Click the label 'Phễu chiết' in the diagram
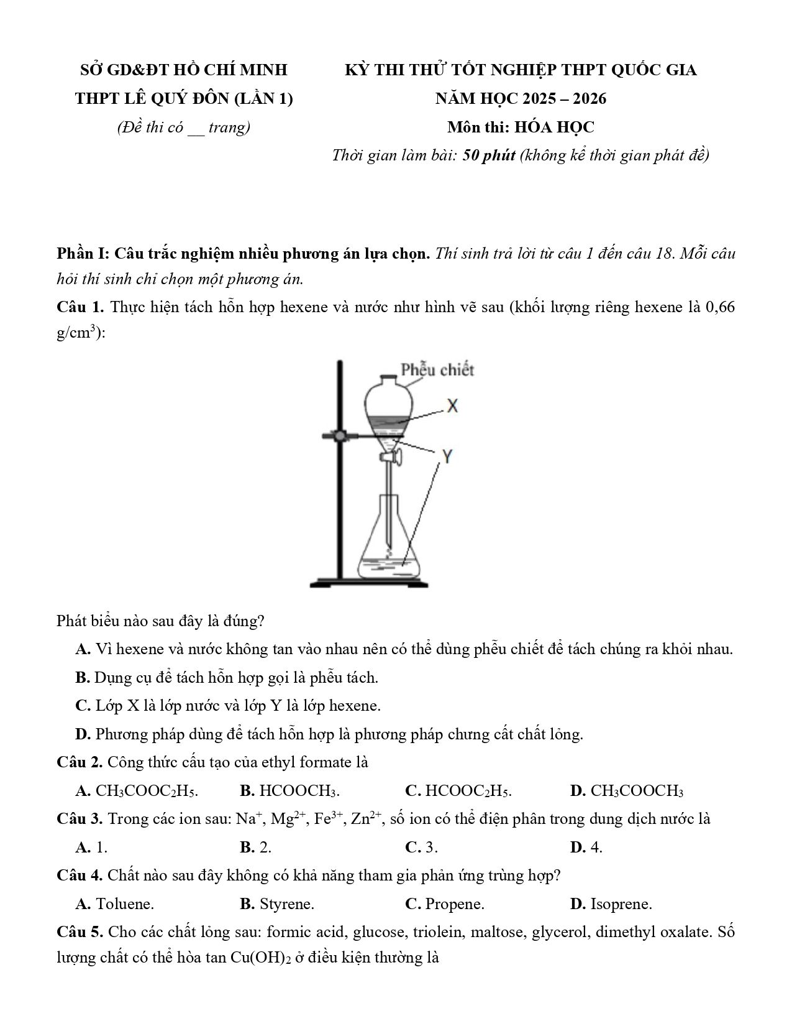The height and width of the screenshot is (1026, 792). (437, 370)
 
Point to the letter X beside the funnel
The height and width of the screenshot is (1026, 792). (452, 406)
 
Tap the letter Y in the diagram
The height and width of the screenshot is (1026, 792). (447, 457)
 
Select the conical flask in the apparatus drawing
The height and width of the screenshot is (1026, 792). (390, 541)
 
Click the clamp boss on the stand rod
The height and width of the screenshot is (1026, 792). (339, 436)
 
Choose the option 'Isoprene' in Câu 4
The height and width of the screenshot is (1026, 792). (621, 904)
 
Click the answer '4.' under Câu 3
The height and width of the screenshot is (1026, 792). (596, 847)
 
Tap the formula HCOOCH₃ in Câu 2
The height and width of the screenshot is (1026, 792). (298, 791)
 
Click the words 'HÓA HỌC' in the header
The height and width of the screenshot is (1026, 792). (558, 127)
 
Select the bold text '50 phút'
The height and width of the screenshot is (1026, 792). (489, 155)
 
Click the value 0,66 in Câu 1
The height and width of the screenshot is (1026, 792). (720, 307)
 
